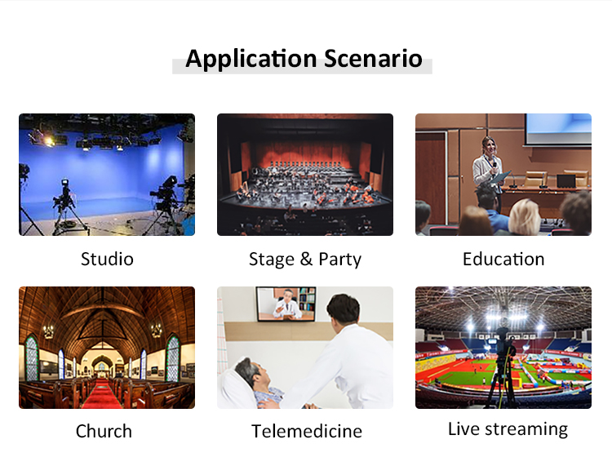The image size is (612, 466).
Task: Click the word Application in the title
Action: [x=251, y=60]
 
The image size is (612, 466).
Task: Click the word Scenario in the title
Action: [x=373, y=59]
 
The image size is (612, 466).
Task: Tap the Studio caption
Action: [x=107, y=260]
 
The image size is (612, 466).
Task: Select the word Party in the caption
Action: [x=340, y=260]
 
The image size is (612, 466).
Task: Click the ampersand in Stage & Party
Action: [x=306, y=260]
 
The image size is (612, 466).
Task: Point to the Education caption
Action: [x=503, y=260]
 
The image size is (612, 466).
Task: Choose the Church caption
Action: [x=104, y=431]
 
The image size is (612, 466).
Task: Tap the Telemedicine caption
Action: [x=307, y=431]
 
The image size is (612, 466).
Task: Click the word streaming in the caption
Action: [x=526, y=430]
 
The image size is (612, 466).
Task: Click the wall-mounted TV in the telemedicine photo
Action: [x=286, y=304]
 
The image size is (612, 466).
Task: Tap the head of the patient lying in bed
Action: [x=251, y=374]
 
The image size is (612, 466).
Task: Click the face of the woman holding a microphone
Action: [x=490, y=147]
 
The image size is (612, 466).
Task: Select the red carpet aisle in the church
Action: [x=102, y=394]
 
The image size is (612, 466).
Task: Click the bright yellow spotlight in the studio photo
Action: [x=48, y=140]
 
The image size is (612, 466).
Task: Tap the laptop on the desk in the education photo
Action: [x=566, y=181]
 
